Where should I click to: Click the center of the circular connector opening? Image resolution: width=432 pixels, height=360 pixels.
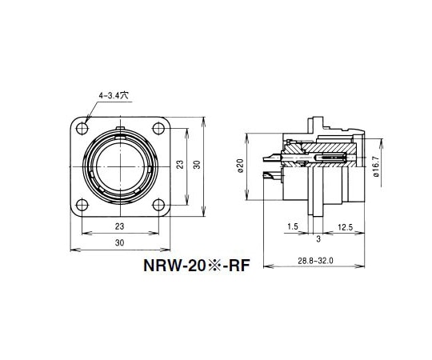pos(118,166)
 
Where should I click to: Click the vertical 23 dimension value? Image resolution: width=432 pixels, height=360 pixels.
pos(181,165)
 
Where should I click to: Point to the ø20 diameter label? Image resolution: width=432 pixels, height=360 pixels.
pos(239,166)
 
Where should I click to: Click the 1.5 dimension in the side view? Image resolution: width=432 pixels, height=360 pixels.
pos(294,226)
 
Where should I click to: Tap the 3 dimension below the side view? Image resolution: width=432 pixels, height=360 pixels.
pos(318,238)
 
